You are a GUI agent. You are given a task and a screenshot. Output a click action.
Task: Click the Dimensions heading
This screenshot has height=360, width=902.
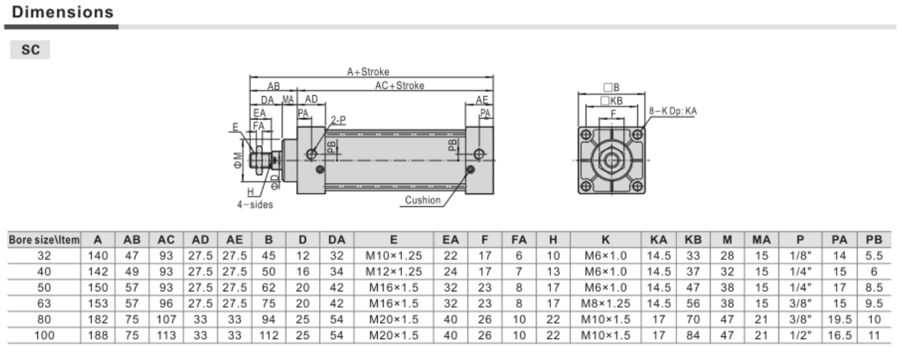(63, 12)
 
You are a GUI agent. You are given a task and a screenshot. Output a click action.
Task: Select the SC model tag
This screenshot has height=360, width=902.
(30, 50)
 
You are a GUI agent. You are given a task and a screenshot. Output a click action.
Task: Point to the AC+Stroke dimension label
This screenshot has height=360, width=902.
(399, 86)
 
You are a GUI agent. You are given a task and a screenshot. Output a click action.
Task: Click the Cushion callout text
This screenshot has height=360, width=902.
(423, 200)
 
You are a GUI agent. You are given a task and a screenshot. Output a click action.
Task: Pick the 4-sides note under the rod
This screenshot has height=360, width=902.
(255, 204)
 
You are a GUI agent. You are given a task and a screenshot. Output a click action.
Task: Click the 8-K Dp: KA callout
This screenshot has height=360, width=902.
(673, 111)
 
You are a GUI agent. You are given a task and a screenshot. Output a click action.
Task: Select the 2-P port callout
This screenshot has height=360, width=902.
(338, 120)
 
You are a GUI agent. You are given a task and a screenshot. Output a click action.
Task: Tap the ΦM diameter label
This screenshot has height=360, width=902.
(239, 160)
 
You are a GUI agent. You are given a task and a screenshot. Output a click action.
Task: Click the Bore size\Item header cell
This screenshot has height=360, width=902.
(43, 240)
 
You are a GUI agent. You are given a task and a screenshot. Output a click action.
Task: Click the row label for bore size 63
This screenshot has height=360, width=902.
(43, 303)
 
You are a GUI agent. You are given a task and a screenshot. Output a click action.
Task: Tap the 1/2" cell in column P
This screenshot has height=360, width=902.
(800, 336)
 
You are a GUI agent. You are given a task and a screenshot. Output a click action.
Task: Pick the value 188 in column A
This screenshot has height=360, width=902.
(99, 336)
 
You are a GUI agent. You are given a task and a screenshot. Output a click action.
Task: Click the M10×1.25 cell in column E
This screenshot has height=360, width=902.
(393, 256)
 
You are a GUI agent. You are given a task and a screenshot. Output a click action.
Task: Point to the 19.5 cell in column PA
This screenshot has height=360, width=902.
(839, 319)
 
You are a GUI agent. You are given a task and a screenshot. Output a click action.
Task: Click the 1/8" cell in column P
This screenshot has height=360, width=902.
(800, 256)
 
